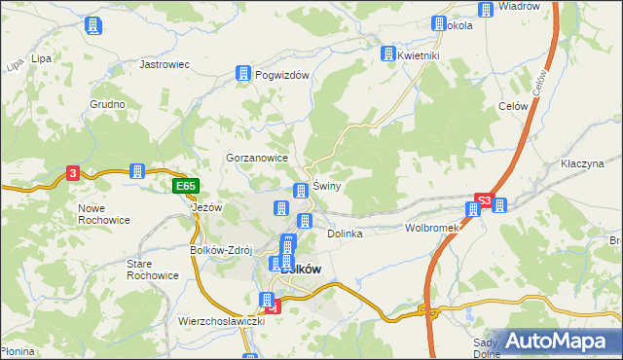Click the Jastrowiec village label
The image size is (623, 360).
click(164, 64)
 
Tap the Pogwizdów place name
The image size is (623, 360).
click(281, 74)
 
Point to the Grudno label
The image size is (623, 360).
click(107, 104)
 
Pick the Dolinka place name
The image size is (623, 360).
click(345, 234)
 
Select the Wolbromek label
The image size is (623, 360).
click(431, 228)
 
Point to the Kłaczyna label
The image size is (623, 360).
click(583, 164)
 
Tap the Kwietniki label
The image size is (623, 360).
click(420, 55)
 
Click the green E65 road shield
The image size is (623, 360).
click(185, 186)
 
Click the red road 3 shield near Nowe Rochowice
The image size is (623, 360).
click(73, 173)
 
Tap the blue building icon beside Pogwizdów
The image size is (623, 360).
click(242, 74)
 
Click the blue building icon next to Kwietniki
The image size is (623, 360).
click(388, 54)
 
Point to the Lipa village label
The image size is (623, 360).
click(41, 58)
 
